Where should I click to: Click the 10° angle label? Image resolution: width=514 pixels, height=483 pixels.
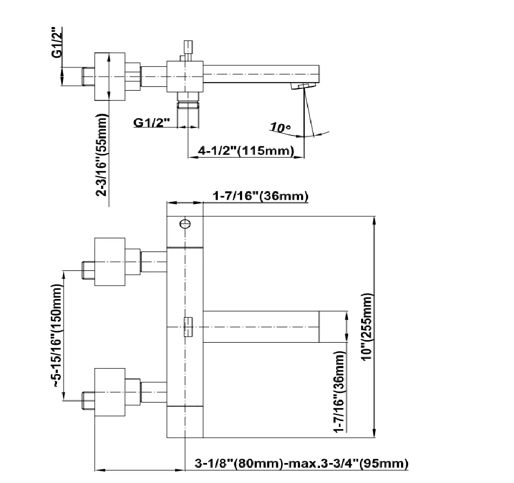[281, 128]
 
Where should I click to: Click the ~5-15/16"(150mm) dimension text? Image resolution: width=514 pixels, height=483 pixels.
[58, 335]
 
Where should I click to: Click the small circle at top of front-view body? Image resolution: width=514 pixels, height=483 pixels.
[185, 224]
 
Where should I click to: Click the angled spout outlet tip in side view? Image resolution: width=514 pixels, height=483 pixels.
[303, 86]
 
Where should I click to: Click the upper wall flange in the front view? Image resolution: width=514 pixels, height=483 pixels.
[110, 261]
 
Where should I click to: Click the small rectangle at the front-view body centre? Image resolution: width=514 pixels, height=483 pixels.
[188, 326]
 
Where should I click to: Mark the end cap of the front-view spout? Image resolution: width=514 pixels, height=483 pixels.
[332, 326]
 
